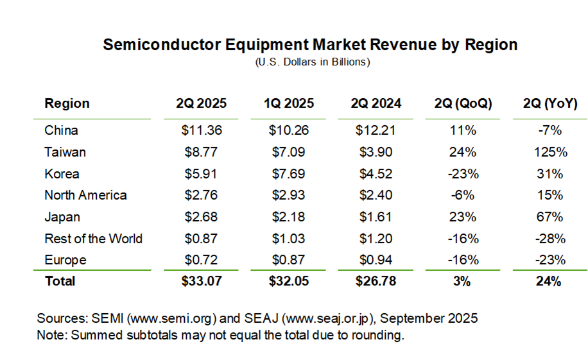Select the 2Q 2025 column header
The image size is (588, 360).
(202, 103)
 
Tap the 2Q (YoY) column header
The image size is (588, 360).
(550, 103)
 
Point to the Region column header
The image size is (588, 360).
(67, 103)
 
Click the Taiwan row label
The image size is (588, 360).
(65, 152)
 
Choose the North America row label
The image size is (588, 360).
(85, 195)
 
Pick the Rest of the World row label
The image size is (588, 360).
(93, 239)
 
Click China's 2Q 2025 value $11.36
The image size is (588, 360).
(202, 130)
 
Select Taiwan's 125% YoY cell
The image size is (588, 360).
(550, 152)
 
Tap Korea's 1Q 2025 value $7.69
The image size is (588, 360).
(289, 174)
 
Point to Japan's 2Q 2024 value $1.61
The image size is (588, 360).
(376, 217)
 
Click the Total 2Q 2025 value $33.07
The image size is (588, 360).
(202, 281)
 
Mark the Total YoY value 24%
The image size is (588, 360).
(550, 281)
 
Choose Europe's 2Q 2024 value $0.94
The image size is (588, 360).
(376, 260)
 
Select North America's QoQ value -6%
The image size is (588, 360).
(463, 195)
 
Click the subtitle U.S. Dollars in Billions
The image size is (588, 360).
(313, 62)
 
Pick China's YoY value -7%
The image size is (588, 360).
(550, 130)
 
